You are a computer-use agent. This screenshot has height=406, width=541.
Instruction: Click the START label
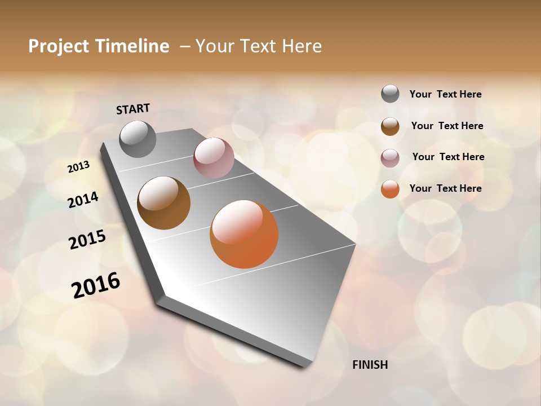pyautogui.click(x=133, y=108)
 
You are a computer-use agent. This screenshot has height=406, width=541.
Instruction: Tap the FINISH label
pyautogui.click(x=370, y=365)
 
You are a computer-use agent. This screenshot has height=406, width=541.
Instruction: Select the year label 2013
pyautogui.click(x=78, y=167)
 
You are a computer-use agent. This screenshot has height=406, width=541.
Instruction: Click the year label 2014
pyautogui.click(x=83, y=200)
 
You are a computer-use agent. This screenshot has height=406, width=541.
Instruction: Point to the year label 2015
pyautogui.click(x=87, y=239)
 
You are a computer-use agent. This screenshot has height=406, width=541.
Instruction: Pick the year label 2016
pyautogui.click(x=96, y=285)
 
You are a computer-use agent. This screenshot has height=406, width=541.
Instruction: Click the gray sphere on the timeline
pyautogui.click(x=138, y=139)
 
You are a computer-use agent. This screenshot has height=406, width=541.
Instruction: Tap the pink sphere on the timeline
pyautogui.click(x=214, y=158)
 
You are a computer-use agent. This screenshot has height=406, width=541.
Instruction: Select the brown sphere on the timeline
pyautogui.click(x=164, y=203)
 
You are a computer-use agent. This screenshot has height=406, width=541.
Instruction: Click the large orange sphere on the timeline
pyautogui.click(x=244, y=234)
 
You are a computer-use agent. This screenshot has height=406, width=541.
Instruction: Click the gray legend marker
pyautogui.click(x=390, y=94)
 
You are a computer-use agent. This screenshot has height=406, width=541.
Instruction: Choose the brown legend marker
pyautogui.click(x=390, y=126)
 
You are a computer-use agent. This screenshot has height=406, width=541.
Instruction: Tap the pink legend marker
pyautogui.click(x=390, y=158)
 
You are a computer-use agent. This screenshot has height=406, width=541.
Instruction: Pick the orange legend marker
pyautogui.click(x=390, y=189)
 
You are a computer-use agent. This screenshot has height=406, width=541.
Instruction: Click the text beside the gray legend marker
pyautogui.click(x=446, y=94)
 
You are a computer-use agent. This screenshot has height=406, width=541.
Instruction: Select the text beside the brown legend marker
pyautogui.click(x=447, y=126)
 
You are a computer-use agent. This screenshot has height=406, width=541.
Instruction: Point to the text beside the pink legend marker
pyautogui.click(x=448, y=157)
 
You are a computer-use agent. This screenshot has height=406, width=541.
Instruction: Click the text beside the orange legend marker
pyautogui.click(x=446, y=188)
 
